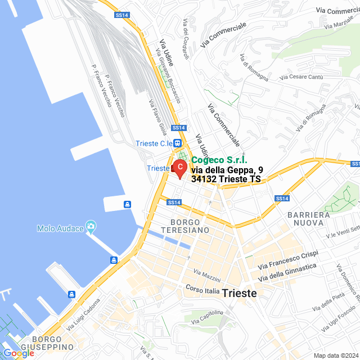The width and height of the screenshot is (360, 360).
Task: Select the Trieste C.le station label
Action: [x=154, y=143]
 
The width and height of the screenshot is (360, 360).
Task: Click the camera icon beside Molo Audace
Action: [x=91, y=227]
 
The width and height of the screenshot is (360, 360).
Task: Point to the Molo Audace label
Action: [x=60, y=228]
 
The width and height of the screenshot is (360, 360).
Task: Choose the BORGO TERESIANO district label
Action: [x=184, y=226]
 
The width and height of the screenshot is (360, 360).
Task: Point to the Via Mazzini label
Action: [x=207, y=275]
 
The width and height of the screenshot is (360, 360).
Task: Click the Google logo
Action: [x=19, y=353]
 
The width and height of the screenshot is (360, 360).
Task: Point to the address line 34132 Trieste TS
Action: [x=226, y=179]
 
